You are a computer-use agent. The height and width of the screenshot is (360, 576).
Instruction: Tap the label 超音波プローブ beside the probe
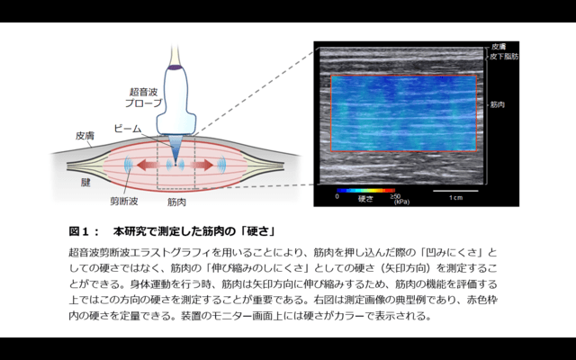point(146,97)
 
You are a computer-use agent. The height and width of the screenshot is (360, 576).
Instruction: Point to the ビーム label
point(129,130)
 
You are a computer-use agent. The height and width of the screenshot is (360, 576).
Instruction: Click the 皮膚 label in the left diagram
point(85,136)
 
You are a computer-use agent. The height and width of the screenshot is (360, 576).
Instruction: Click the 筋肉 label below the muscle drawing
point(176,204)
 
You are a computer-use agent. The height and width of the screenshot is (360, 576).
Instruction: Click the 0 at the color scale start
point(337,196)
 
